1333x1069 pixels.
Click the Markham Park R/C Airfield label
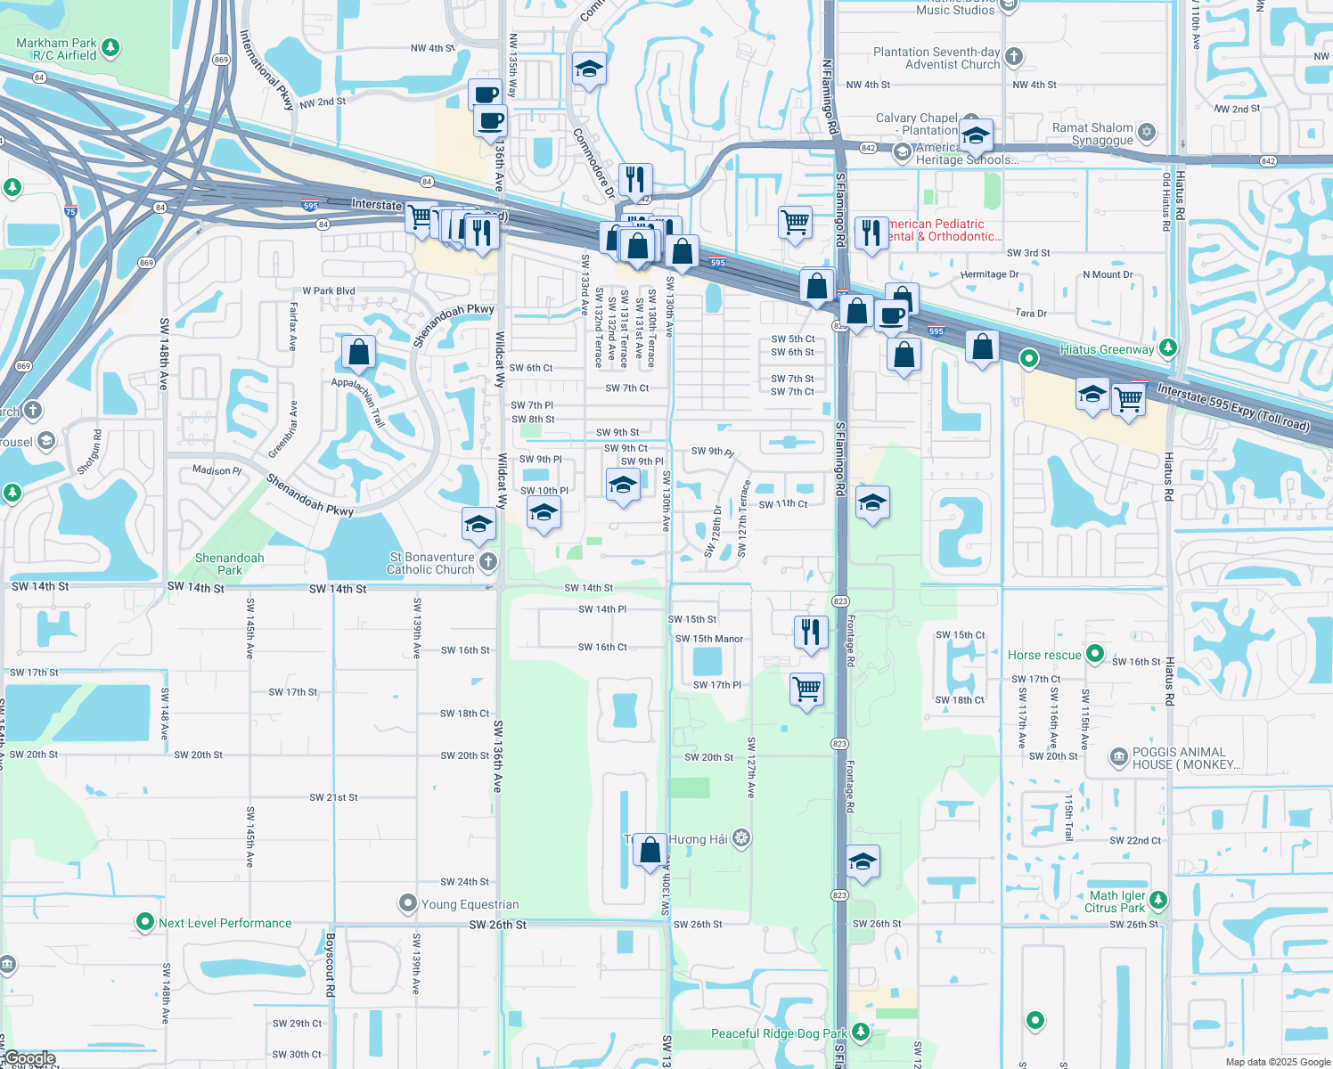56,49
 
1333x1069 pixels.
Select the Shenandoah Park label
229,564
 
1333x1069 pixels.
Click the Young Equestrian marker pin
407,904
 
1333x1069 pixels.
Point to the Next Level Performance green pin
144,923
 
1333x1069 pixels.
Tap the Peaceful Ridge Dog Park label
779,1033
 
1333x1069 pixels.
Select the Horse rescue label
1044,655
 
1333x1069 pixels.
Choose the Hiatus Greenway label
1107,349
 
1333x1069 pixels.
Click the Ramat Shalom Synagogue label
1092,134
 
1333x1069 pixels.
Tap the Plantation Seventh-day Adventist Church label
936,58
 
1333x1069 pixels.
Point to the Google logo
29,1058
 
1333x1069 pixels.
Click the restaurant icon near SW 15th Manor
810,632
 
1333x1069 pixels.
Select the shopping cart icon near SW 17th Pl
806,688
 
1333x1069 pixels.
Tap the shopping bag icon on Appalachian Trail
358,353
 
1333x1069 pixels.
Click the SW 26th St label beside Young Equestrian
497,925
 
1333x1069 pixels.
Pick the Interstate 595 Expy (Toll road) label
1233,406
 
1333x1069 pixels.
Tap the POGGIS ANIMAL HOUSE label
1186,758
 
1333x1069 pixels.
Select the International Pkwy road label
266,70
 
